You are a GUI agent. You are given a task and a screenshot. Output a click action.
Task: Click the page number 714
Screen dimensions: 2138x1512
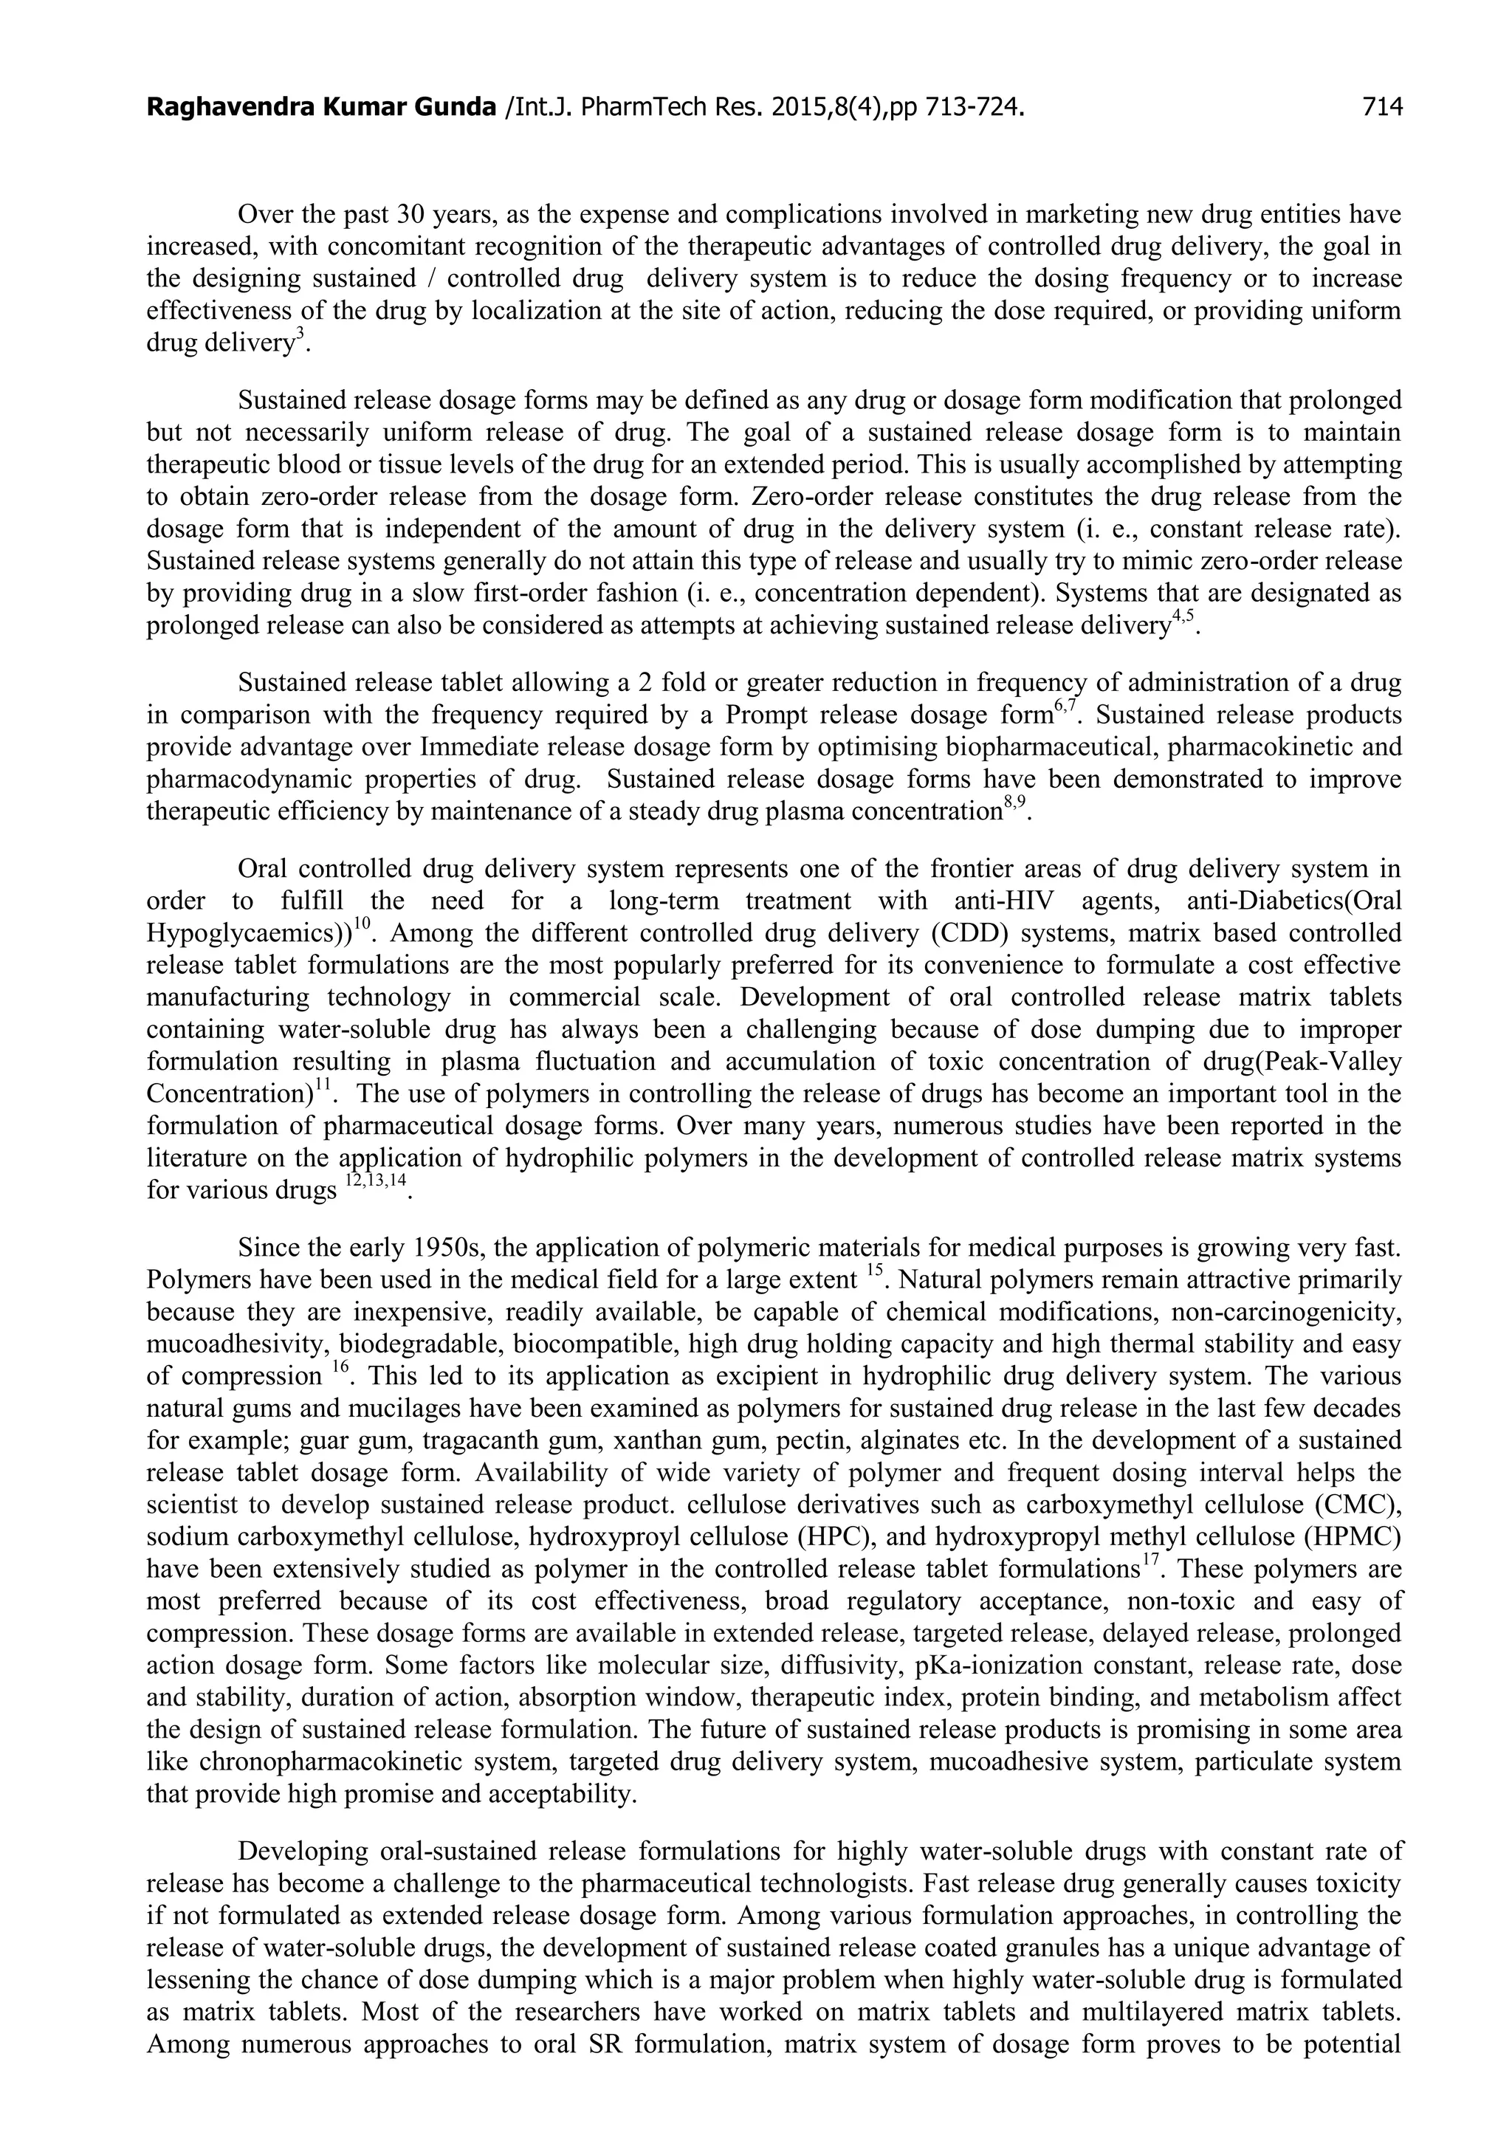1381,108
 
